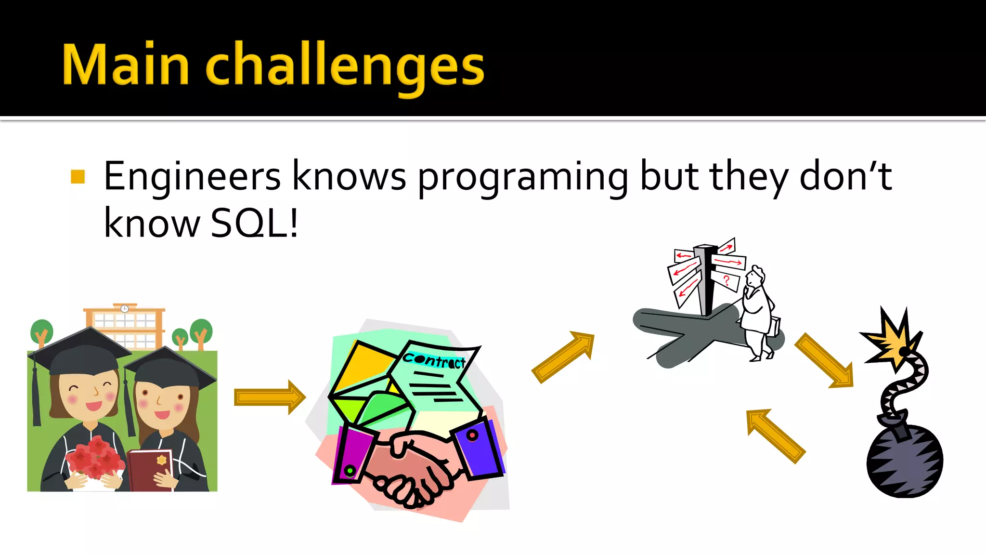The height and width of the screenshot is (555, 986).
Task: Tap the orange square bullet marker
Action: [78, 177]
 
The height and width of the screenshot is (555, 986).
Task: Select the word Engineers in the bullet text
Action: [192, 177]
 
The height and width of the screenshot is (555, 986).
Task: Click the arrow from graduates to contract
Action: [269, 397]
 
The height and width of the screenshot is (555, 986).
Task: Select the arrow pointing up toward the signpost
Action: [564, 357]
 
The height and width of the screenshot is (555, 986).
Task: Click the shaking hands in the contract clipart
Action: [409, 470]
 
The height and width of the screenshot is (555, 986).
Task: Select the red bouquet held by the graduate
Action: [95, 458]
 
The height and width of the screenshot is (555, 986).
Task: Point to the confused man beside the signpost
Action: [758, 313]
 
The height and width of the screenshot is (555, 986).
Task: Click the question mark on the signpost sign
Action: [727, 280]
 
